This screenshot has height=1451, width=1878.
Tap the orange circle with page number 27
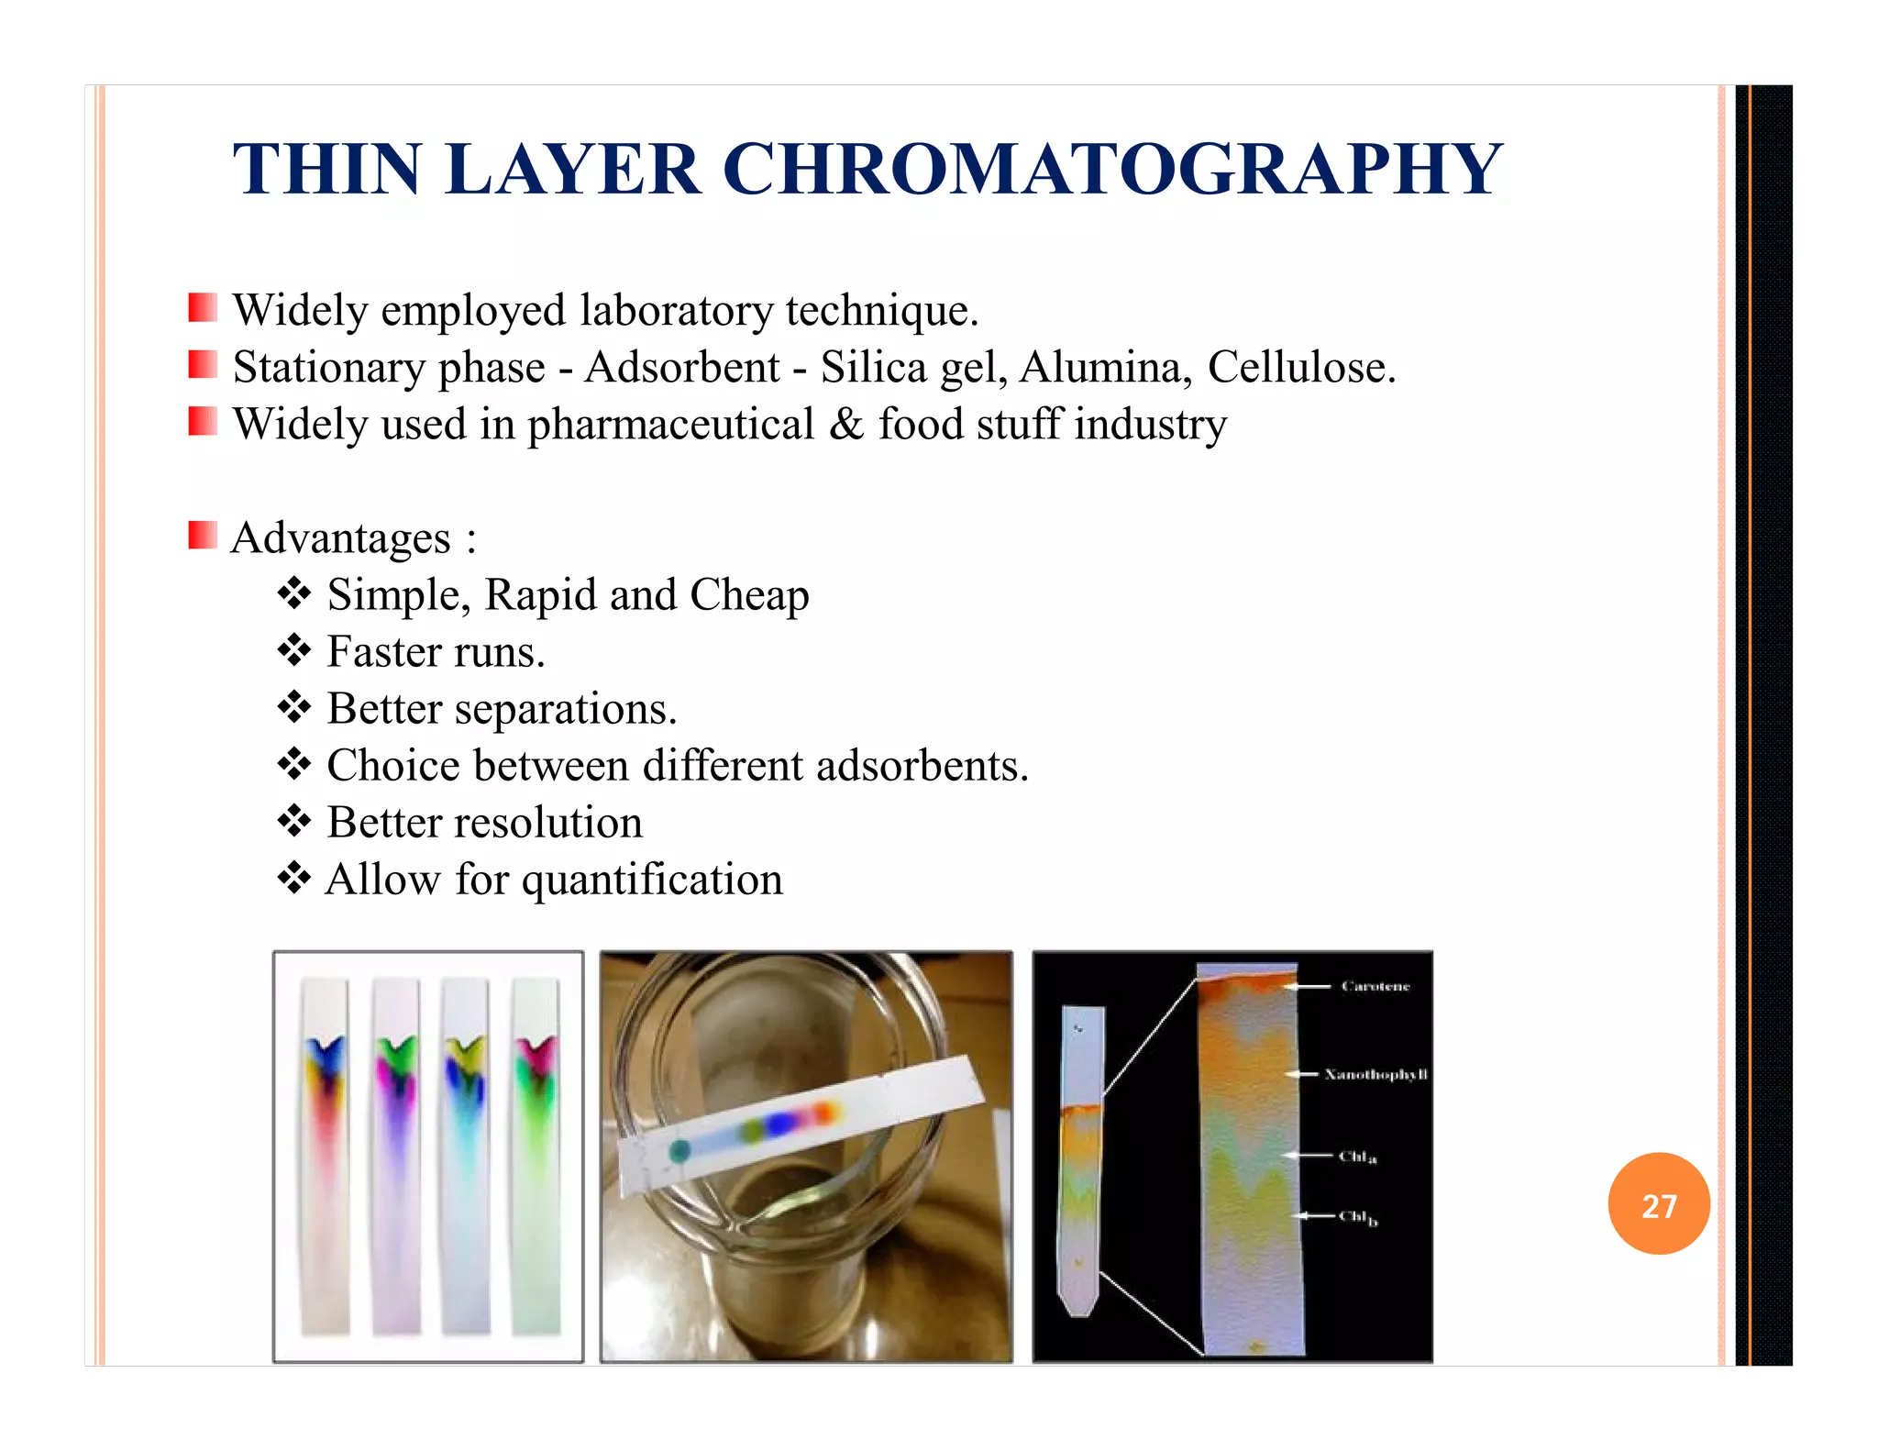pyautogui.click(x=1658, y=1204)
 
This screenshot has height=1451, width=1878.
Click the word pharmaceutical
pyautogui.click(x=670, y=425)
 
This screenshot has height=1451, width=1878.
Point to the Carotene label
pyautogui.click(x=1375, y=986)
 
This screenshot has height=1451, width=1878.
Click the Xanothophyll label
pyautogui.click(x=1375, y=1074)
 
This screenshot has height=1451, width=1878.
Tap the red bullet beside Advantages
pyautogui.click(x=203, y=535)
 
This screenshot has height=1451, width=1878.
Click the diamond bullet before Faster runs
pyautogui.click(x=294, y=650)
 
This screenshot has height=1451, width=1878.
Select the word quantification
pyautogui.click(x=652, y=880)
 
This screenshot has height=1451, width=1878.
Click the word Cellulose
pyautogui.click(x=1300, y=367)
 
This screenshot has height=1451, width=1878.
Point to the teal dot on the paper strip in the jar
pyautogui.click(x=679, y=1150)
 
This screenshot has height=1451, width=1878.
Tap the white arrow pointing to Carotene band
pyautogui.click(x=1307, y=987)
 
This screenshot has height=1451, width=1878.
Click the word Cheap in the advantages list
pyautogui.click(x=749, y=594)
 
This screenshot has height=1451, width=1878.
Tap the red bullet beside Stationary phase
pyautogui.click(x=203, y=365)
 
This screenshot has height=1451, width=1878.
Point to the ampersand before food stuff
pyautogui.click(x=845, y=424)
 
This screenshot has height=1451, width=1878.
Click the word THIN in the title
pyautogui.click(x=326, y=170)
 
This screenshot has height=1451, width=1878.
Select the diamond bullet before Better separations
pyautogui.click(x=294, y=707)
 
